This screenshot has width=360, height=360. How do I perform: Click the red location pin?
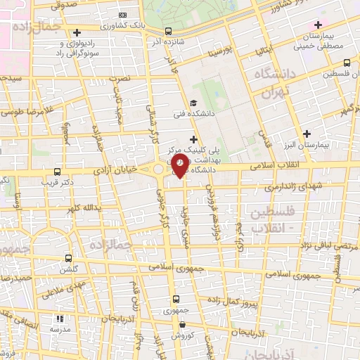tap(181, 166)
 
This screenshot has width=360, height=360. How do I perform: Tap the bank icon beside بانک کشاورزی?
tap(124, 15)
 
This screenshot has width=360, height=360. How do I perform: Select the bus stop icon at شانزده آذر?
tap(167, 31)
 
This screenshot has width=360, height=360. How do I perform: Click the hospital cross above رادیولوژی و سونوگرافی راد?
tap(77, 33)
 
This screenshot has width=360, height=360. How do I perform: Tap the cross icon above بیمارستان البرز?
tap(306, 133)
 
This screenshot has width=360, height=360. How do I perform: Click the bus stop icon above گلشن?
tap(68, 258)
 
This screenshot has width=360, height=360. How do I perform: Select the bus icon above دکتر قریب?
tap(57, 171)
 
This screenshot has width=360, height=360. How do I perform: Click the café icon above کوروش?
tap(183, 325)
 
